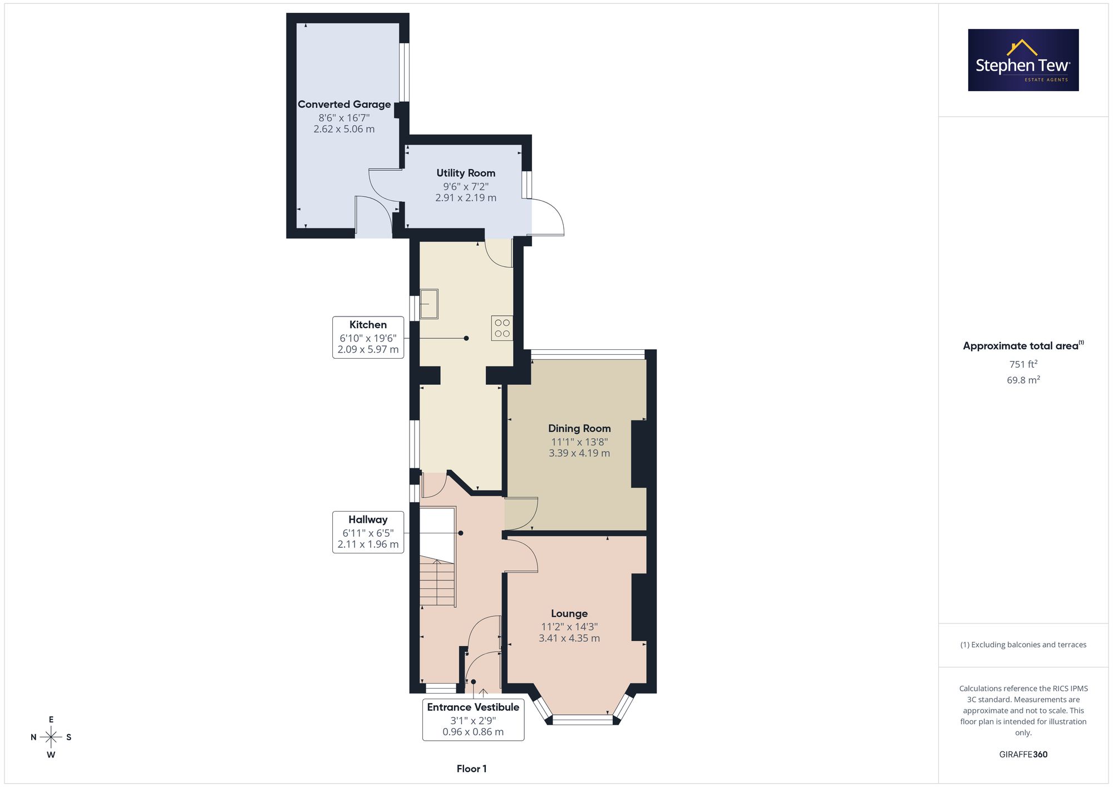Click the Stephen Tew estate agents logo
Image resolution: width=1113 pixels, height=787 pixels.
click(x=1023, y=60)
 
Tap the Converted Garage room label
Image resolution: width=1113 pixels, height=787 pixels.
click(x=344, y=105)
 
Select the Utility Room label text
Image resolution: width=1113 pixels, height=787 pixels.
click(x=466, y=173)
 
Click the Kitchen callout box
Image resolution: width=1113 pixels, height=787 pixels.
click(x=368, y=337)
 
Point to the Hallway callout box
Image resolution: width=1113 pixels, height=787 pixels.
click(x=368, y=532)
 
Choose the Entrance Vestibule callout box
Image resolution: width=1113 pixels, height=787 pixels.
click(x=473, y=719)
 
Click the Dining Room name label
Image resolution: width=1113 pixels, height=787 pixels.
click(x=579, y=428)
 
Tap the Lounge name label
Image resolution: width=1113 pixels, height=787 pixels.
click(x=569, y=613)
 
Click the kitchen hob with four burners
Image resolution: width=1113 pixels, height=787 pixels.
click(x=502, y=328)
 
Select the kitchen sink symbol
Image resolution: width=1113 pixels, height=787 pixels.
click(x=429, y=304)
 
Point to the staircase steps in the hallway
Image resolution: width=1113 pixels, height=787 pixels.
click(x=437, y=583)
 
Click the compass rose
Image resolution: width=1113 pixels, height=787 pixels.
click(x=51, y=737)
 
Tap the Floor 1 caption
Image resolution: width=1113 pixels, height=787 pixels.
click(x=471, y=769)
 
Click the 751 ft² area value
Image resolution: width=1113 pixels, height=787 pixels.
click(x=1023, y=364)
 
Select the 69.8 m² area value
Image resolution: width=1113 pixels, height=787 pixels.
click(x=1023, y=380)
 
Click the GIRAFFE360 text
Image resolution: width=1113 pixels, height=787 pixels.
click(x=1023, y=755)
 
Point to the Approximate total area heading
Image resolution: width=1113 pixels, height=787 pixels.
click(x=1023, y=345)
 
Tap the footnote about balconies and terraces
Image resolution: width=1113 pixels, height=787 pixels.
click(x=1023, y=645)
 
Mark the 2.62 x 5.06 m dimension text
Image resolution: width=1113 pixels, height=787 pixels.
click(x=344, y=129)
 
